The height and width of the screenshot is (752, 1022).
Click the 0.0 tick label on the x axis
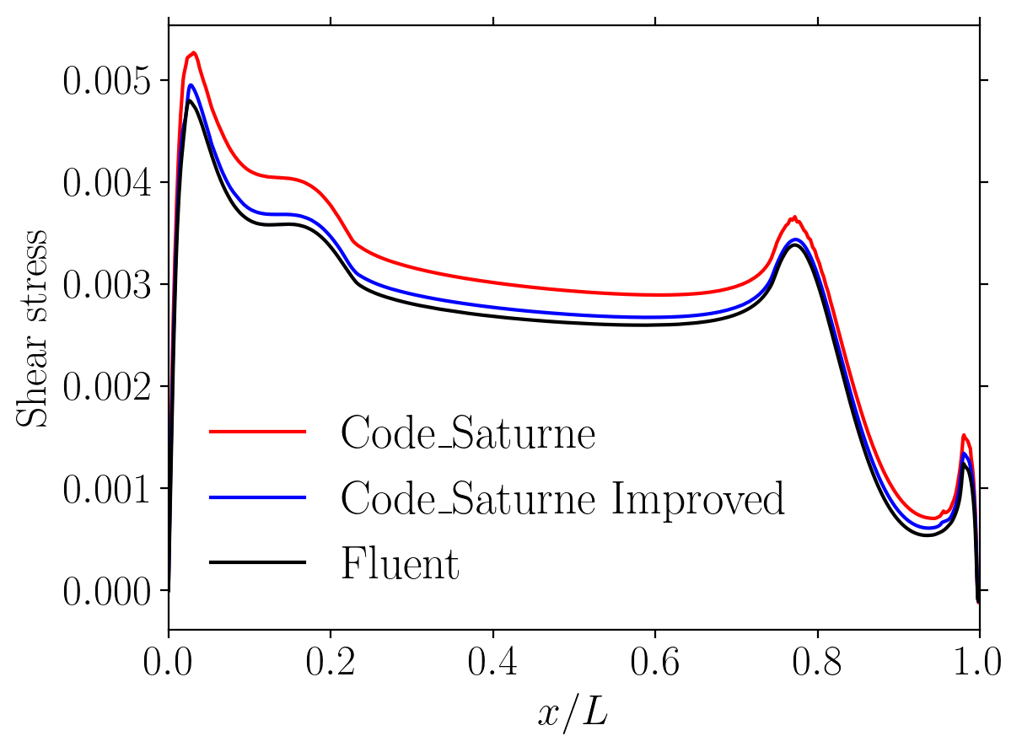click(x=169, y=662)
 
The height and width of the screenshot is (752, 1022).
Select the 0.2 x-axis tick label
click(x=331, y=662)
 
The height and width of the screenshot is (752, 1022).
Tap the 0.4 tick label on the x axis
click(x=493, y=662)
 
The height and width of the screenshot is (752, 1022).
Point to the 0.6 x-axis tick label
click(x=655, y=662)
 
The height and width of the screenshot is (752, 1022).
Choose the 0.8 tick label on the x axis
click(x=818, y=662)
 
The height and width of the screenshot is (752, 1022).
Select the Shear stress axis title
click(x=32, y=327)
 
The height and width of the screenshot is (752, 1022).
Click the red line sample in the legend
click(x=257, y=432)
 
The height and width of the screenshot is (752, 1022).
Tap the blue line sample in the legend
click(x=257, y=497)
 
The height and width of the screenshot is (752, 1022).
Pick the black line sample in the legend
click(x=257, y=562)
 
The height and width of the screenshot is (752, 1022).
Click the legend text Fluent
click(x=400, y=563)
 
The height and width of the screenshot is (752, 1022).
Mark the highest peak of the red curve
click(x=194, y=53)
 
